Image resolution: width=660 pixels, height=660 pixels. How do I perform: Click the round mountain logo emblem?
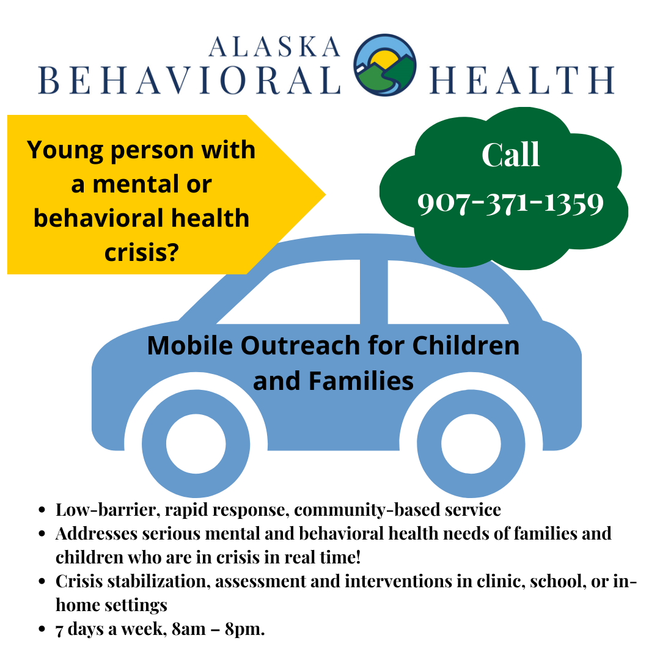click(x=385, y=65)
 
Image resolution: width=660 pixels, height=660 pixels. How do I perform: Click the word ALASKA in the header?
click(x=273, y=46)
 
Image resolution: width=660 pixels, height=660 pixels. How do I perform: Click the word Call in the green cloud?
click(x=511, y=155)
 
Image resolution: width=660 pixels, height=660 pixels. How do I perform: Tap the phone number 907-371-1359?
click(x=511, y=204)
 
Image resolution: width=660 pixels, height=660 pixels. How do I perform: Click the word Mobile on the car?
click(x=190, y=346)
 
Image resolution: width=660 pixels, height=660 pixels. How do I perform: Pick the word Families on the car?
click(x=361, y=381)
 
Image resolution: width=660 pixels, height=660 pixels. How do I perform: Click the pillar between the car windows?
click(x=373, y=292)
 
